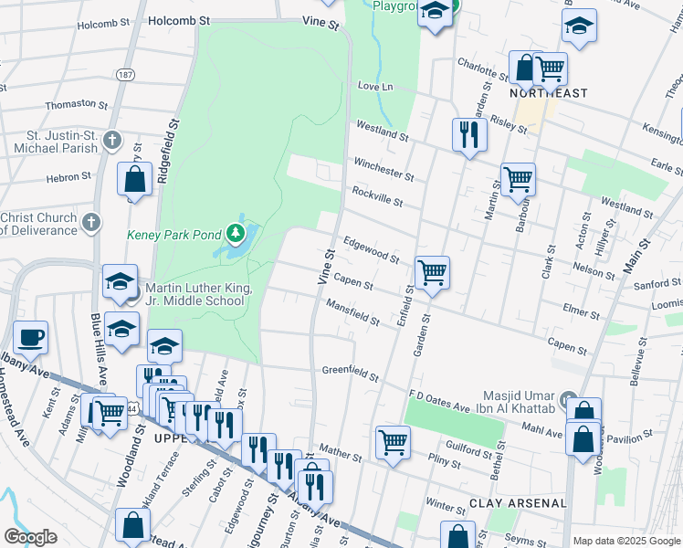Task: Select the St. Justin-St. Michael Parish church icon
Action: click(x=111, y=140)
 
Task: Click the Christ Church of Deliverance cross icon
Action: click(x=90, y=221)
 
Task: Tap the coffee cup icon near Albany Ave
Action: click(x=31, y=336)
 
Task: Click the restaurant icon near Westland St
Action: click(x=469, y=135)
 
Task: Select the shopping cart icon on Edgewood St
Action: click(x=432, y=271)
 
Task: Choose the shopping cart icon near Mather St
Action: click(x=393, y=442)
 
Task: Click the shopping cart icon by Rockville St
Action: click(x=519, y=179)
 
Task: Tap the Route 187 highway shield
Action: click(x=126, y=74)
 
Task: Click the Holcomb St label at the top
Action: click(x=179, y=18)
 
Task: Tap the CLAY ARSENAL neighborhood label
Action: click(x=518, y=503)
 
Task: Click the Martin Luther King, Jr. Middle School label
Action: click(x=193, y=294)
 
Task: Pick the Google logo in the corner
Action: click(x=30, y=537)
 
